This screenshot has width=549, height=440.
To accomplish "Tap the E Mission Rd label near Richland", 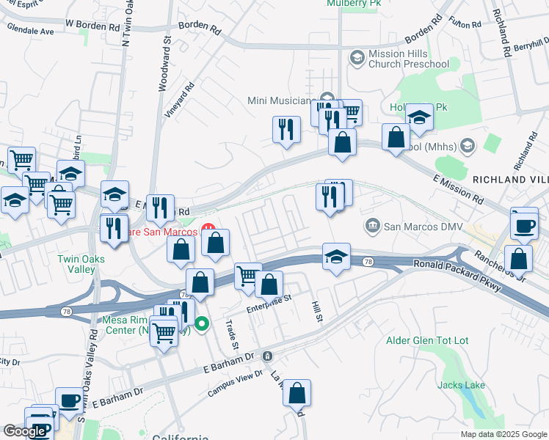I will point(459,190).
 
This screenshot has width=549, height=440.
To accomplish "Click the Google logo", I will point(24,431).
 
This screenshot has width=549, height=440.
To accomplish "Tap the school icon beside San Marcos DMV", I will point(336,258).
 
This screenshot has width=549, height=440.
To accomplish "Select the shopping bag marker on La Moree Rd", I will point(297,394).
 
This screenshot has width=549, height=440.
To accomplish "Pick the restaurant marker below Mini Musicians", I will point(286,130).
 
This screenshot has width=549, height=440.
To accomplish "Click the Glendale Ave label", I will point(31,32).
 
